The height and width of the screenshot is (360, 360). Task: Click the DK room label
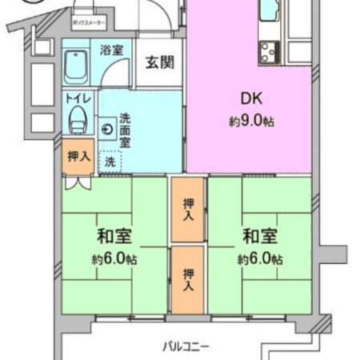251,100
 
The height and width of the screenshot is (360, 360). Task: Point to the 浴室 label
111,50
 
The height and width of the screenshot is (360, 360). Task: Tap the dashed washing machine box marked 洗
109,161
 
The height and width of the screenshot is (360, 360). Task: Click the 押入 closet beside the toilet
78,157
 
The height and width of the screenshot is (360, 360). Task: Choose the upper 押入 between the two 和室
188,209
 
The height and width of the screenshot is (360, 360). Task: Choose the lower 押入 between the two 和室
188,278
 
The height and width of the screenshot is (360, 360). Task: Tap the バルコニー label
186,346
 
